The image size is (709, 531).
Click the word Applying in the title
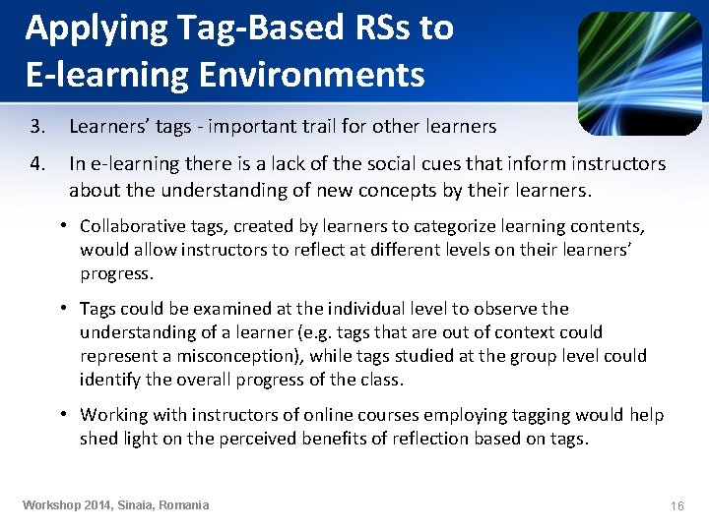click(84, 29)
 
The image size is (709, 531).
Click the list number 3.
click(37, 127)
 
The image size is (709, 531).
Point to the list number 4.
click(37, 163)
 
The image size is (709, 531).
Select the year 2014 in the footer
click(99, 505)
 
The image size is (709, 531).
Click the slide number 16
click(677, 505)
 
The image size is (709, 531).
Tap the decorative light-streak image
click(639, 73)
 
